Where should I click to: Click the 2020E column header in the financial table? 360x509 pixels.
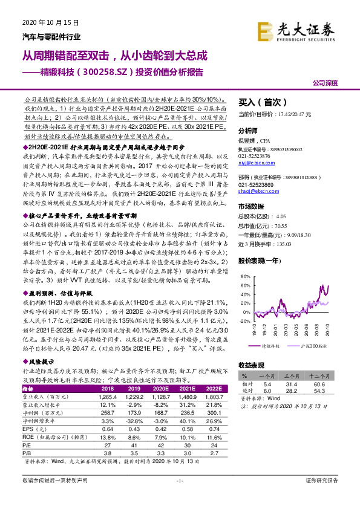coord(160,389)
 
